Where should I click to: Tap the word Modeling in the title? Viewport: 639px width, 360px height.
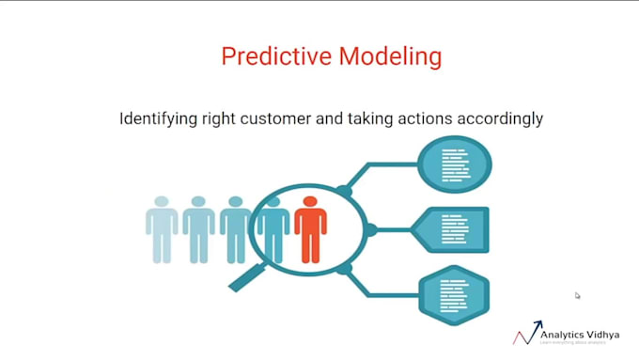click(x=386, y=56)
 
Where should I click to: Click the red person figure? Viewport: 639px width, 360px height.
click(x=310, y=230)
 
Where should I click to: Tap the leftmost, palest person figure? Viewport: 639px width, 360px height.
click(x=162, y=230)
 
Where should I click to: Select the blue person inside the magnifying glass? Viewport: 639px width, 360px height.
click(x=273, y=230)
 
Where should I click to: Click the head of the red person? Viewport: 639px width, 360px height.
click(x=310, y=202)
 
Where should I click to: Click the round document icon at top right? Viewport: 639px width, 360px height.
click(x=455, y=164)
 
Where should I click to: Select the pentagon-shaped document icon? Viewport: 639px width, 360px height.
click(x=457, y=230)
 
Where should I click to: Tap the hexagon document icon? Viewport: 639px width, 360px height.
click(x=456, y=293)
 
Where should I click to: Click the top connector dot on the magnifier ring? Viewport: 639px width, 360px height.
click(x=344, y=192)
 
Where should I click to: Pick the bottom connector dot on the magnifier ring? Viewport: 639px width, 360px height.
click(x=344, y=269)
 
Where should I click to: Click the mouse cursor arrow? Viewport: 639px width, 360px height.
click(x=578, y=295)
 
